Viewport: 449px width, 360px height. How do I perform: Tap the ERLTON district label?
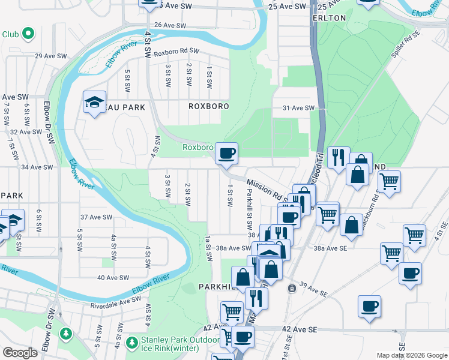point(329,18)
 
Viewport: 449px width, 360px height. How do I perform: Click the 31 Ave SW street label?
point(298,108)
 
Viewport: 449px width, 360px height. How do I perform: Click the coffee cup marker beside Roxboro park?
point(226,154)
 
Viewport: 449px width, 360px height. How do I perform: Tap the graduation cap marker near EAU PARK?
point(94,102)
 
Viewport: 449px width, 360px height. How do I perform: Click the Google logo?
point(20,353)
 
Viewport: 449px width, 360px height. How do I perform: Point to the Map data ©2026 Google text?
point(412,355)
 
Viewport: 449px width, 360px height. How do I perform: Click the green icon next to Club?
point(27,34)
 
